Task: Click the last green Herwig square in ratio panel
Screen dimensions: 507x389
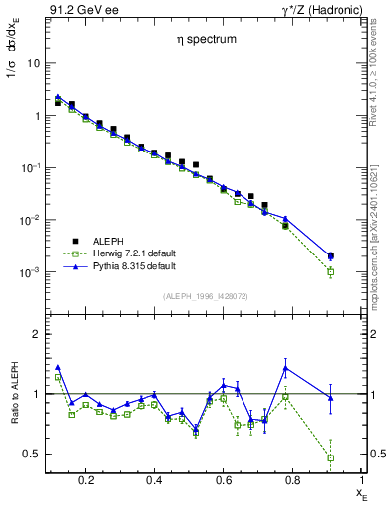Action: pyautogui.click(x=330, y=457)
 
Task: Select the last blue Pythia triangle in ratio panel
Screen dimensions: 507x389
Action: pyautogui.click(x=330, y=398)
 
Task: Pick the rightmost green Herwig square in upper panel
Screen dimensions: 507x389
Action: pyautogui.click(x=330, y=271)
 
